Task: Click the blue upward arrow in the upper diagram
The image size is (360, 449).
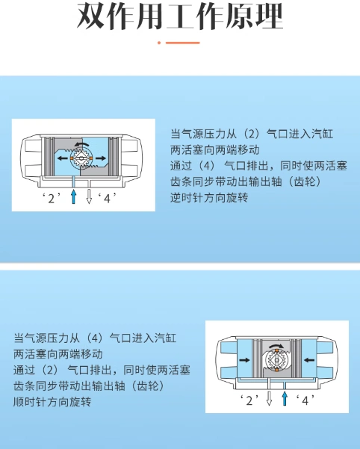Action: pyautogui.click(x=73, y=196)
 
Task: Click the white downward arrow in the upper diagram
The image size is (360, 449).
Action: pyautogui.click(x=89, y=196)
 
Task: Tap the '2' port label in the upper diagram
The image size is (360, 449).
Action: pyautogui.click(x=52, y=198)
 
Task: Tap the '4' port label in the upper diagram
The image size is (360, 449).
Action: pyautogui.click(x=108, y=198)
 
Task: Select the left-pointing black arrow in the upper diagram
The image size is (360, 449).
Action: pyautogui.click(x=63, y=158)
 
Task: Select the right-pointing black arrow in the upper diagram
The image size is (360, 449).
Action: pyautogui.click(x=101, y=158)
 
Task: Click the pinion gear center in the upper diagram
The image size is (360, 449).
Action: pyautogui.click(x=81, y=158)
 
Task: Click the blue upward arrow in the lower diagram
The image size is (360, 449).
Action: pyautogui.click(x=284, y=398)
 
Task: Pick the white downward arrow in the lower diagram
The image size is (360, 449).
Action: pyautogui.click(x=269, y=398)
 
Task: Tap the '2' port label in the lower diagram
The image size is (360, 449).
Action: pyautogui.click(x=249, y=400)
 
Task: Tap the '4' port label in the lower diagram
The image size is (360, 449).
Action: pyautogui.click(x=305, y=400)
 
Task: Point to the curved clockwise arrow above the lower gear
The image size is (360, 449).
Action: pyautogui.click(x=277, y=346)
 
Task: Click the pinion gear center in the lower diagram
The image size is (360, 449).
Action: pyautogui.click(x=277, y=360)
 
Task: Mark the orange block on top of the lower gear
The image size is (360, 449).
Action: pyautogui.click(x=277, y=351)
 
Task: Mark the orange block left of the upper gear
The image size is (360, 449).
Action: pyautogui.click(x=72, y=158)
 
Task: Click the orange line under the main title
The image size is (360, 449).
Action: pyautogui.click(x=182, y=43)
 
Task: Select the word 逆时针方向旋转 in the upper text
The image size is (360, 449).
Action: pyautogui.click(x=209, y=197)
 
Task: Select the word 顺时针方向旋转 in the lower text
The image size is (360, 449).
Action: pyautogui.click(x=52, y=402)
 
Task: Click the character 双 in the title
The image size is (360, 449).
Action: pyautogui.click(x=91, y=16)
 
